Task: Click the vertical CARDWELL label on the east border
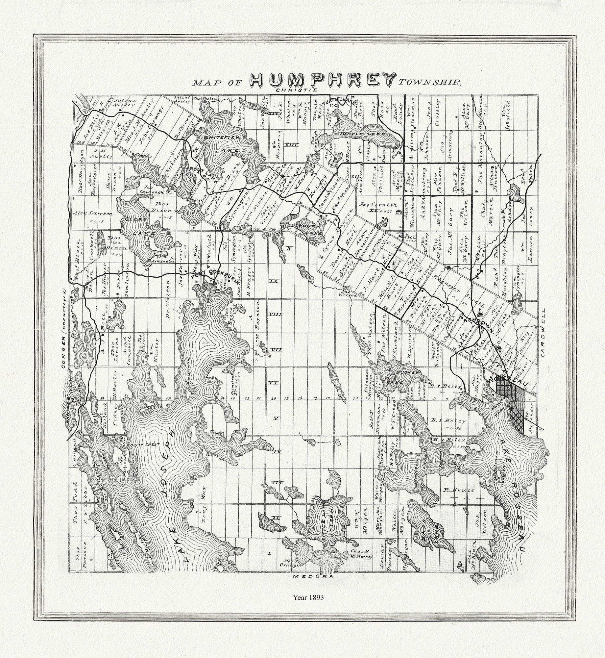543,334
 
